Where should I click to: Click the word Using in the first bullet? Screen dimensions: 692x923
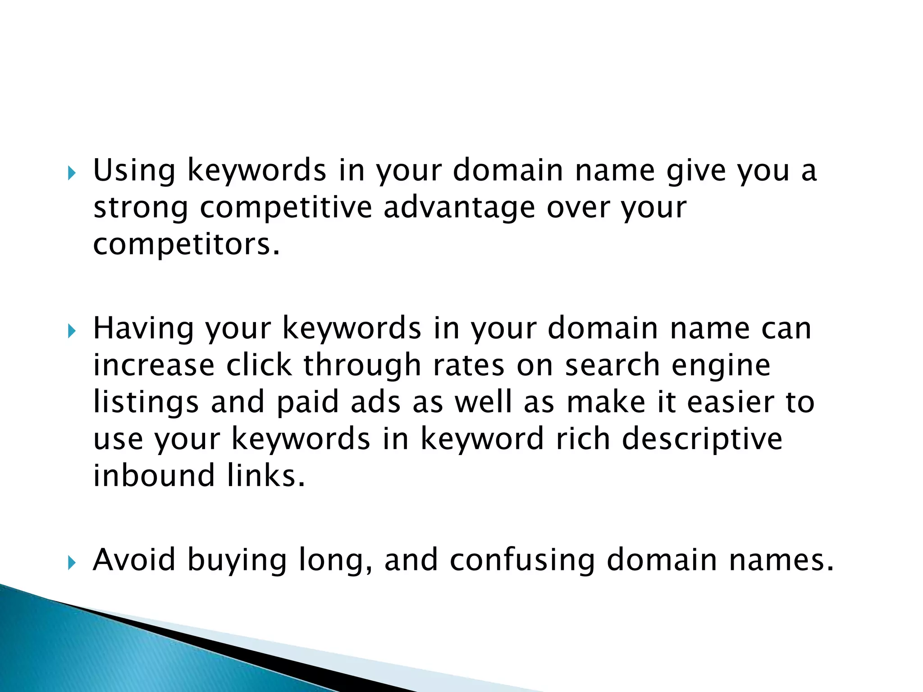click(134, 171)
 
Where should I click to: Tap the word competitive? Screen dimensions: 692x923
click(286, 208)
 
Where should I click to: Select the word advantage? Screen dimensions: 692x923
click(459, 208)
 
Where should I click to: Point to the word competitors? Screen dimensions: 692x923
click(186, 245)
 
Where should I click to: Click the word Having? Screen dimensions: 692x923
click(143, 328)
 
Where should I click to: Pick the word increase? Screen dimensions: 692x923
click(154, 365)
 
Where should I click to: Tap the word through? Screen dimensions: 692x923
click(362, 365)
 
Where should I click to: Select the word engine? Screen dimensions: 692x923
click(721, 365)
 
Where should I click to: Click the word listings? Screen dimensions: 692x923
click(146, 402)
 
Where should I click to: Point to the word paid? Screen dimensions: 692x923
click(307, 402)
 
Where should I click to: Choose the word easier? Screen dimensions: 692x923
click(731, 402)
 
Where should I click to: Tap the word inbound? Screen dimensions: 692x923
click(154, 476)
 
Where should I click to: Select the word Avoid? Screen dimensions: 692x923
click(134, 560)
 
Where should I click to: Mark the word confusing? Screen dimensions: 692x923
click(522, 560)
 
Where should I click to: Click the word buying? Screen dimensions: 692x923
click(237, 560)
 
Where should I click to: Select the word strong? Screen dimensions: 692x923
click(140, 208)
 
